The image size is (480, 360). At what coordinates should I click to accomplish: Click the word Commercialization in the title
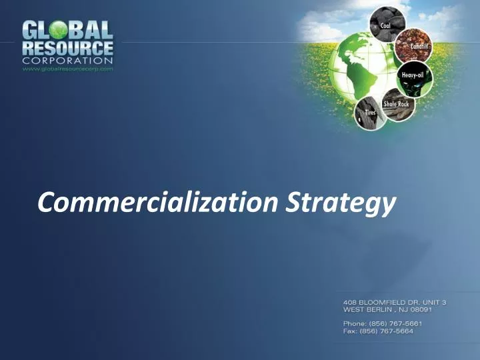click(158, 202)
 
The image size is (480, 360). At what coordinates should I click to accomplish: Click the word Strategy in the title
click(341, 203)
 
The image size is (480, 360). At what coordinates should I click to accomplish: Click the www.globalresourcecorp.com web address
click(68, 68)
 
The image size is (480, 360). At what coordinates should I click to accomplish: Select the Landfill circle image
click(413, 47)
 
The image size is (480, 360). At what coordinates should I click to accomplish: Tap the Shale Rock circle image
click(395, 107)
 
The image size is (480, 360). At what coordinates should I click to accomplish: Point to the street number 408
click(349, 302)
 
